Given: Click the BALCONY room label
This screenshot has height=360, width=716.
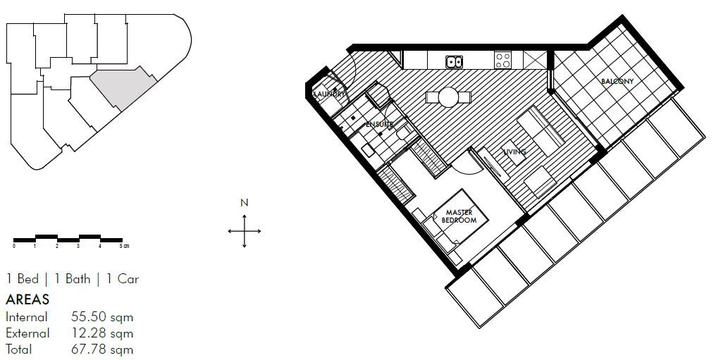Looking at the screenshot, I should [x=617, y=82].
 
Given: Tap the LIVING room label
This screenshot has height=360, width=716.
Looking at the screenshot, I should [x=514, y=151].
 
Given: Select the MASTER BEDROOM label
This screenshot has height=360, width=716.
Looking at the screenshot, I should [x=459, y=216].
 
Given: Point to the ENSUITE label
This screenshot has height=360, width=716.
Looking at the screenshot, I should [x=379, y=124].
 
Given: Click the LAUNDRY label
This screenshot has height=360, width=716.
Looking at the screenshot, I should [x=329, y=94].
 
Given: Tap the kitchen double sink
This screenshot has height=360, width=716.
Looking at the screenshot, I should [x=454, y=61].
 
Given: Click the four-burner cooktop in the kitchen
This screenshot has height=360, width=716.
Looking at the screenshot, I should [x=503, y=61].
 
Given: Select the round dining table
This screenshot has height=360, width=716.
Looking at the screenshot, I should [x=448, y=97].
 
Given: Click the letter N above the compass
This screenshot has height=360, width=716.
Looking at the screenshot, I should [x=245, y=203].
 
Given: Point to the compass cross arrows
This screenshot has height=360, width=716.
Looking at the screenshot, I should [x=245, y=230].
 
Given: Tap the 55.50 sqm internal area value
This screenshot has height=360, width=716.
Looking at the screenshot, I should [x=102, y=317].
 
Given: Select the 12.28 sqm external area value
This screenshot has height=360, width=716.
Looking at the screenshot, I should [x=102, y=333].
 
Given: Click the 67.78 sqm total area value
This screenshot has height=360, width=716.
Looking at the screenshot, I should [x=102, y=349].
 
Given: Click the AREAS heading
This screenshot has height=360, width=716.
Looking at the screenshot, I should [x=27, y=299].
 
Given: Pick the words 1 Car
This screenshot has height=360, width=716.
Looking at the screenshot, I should [x=123, y=279].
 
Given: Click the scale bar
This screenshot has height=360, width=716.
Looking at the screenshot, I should [x=68, y=239].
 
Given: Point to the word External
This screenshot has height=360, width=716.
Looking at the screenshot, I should [x=27, y=333].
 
